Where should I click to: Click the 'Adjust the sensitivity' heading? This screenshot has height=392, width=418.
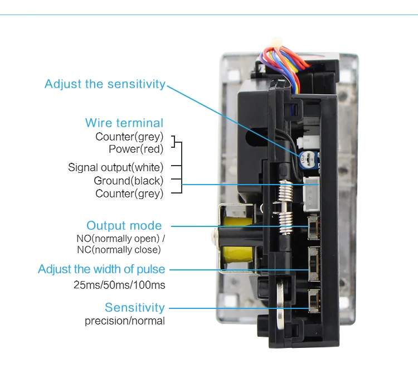coord(105,84)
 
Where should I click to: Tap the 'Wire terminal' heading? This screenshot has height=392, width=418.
coord(124,123)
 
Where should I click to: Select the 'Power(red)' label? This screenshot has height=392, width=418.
coord(136,149)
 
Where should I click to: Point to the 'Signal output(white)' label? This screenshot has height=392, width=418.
coord(116,167)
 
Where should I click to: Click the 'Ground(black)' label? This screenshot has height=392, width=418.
coord(129,181)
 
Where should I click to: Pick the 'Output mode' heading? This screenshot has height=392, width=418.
coord(124,226)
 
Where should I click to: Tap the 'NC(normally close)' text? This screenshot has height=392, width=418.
coord(119,250)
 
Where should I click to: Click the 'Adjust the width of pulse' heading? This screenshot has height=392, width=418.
coord(101,269)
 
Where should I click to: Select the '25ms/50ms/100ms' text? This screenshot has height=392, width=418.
coord(119,285)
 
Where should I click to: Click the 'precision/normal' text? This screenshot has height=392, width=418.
coord(125,321)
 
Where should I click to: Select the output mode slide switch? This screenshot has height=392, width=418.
coord(314,228)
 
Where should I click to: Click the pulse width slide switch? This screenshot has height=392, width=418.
coord(314,264)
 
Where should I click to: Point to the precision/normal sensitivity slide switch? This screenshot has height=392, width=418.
coord(314,301)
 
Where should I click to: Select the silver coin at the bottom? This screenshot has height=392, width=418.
coord(280,304)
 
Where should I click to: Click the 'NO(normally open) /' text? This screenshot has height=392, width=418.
coord(120,239)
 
